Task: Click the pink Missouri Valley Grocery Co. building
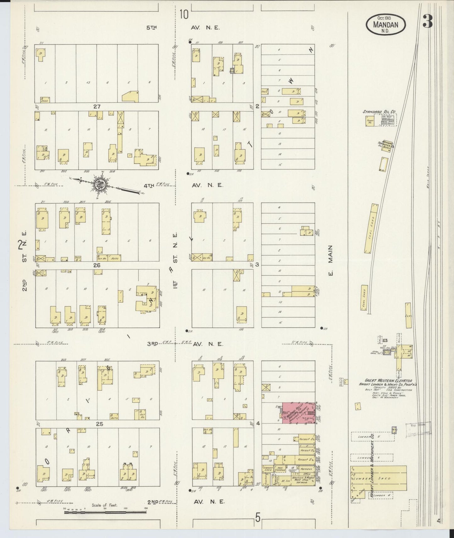point(298,412)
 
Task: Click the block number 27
point(96,107)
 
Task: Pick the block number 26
point(96,265)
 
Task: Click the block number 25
point(99,424)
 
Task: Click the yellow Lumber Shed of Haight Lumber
point(379,478)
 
